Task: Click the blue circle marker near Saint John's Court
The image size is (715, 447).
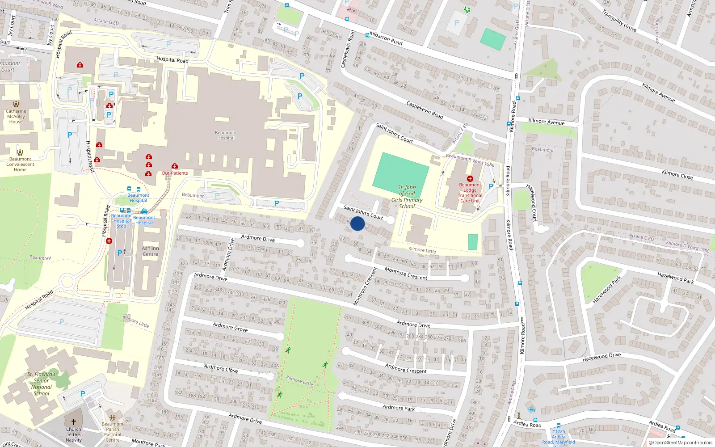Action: pos(357,223)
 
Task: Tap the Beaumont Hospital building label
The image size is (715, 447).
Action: pos(226,135)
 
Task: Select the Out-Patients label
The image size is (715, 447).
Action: pos(175,173)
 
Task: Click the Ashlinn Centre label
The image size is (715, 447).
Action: pos(150,251)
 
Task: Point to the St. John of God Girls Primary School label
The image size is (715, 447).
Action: pos(407,197)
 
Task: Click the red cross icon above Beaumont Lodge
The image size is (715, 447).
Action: pos(470,178)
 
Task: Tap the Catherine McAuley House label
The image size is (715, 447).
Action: pos(16,116)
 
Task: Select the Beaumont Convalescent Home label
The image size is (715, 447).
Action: pos(20,164)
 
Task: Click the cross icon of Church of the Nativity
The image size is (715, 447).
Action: pos(74,422)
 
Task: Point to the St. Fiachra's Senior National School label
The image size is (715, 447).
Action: pos(42,384)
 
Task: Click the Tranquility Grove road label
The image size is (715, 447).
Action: pos(619,21)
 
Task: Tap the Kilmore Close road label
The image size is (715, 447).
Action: pos(677,174)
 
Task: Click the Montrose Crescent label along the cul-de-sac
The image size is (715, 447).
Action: pos(406,274)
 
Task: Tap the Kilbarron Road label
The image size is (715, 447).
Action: pos(386,38)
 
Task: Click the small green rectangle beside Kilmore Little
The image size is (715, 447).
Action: pos(473,242)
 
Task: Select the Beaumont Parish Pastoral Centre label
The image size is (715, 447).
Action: pos(113,432)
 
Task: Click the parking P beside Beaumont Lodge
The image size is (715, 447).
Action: pos(491,186)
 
